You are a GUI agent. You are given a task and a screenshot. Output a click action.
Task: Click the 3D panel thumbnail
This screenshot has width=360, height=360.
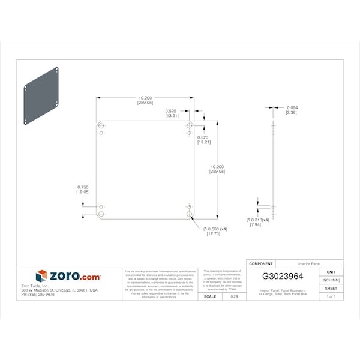pos(42,96)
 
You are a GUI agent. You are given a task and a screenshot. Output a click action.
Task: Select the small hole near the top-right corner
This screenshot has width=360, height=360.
pos(189,133)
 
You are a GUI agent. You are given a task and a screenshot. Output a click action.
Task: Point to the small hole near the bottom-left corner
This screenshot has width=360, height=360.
pos(101,206)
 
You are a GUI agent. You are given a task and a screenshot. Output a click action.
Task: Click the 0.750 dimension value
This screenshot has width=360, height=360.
pos(83,187)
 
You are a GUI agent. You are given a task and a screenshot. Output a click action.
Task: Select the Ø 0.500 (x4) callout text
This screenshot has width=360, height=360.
pos(215,229)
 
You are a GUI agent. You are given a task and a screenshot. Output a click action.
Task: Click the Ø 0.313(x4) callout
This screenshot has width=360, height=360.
pos(258,220)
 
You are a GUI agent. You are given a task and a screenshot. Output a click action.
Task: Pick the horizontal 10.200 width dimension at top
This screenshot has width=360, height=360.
pos(145,98)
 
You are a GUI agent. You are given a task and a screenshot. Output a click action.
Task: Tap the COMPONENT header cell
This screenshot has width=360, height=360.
pos(260,263)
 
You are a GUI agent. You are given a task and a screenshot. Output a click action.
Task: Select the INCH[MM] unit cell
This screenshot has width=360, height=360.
pos(331,280)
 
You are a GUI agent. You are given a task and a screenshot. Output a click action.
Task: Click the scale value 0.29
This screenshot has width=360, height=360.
pos(233,297)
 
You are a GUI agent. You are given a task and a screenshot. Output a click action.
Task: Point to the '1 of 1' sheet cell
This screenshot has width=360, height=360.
pos(331,297)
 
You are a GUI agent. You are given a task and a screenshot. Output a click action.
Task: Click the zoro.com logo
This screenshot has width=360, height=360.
pos(68,276)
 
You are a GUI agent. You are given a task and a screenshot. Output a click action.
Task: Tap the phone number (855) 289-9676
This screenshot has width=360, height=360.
pos(38,295)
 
